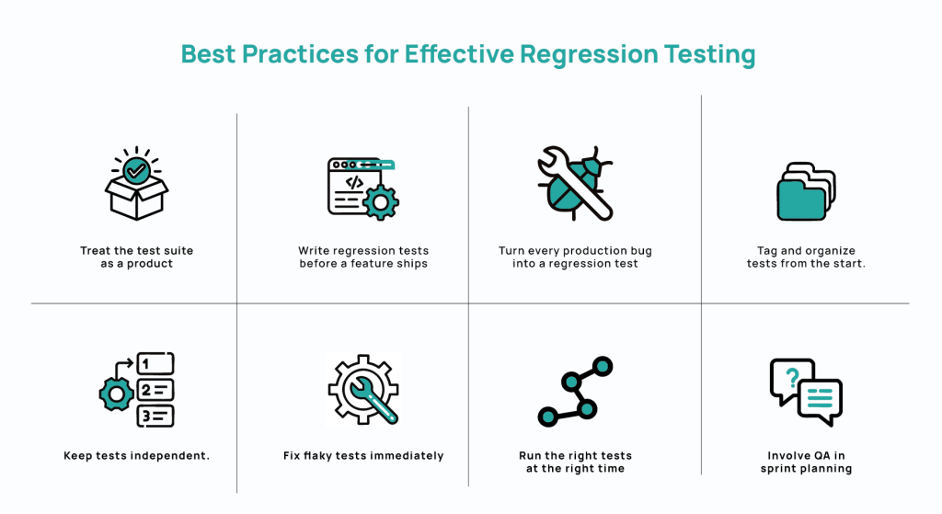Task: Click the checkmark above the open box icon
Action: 136,169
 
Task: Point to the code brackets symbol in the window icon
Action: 353,182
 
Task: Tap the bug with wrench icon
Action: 576,183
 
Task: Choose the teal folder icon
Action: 804,195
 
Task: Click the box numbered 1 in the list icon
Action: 155,362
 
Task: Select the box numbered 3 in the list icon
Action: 155,416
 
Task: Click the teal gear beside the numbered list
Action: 116,394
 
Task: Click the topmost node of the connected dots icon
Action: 603,366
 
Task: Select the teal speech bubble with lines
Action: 820,399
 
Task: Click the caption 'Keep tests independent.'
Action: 136,455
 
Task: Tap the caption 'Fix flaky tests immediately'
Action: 363,455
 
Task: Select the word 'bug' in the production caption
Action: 637,251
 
